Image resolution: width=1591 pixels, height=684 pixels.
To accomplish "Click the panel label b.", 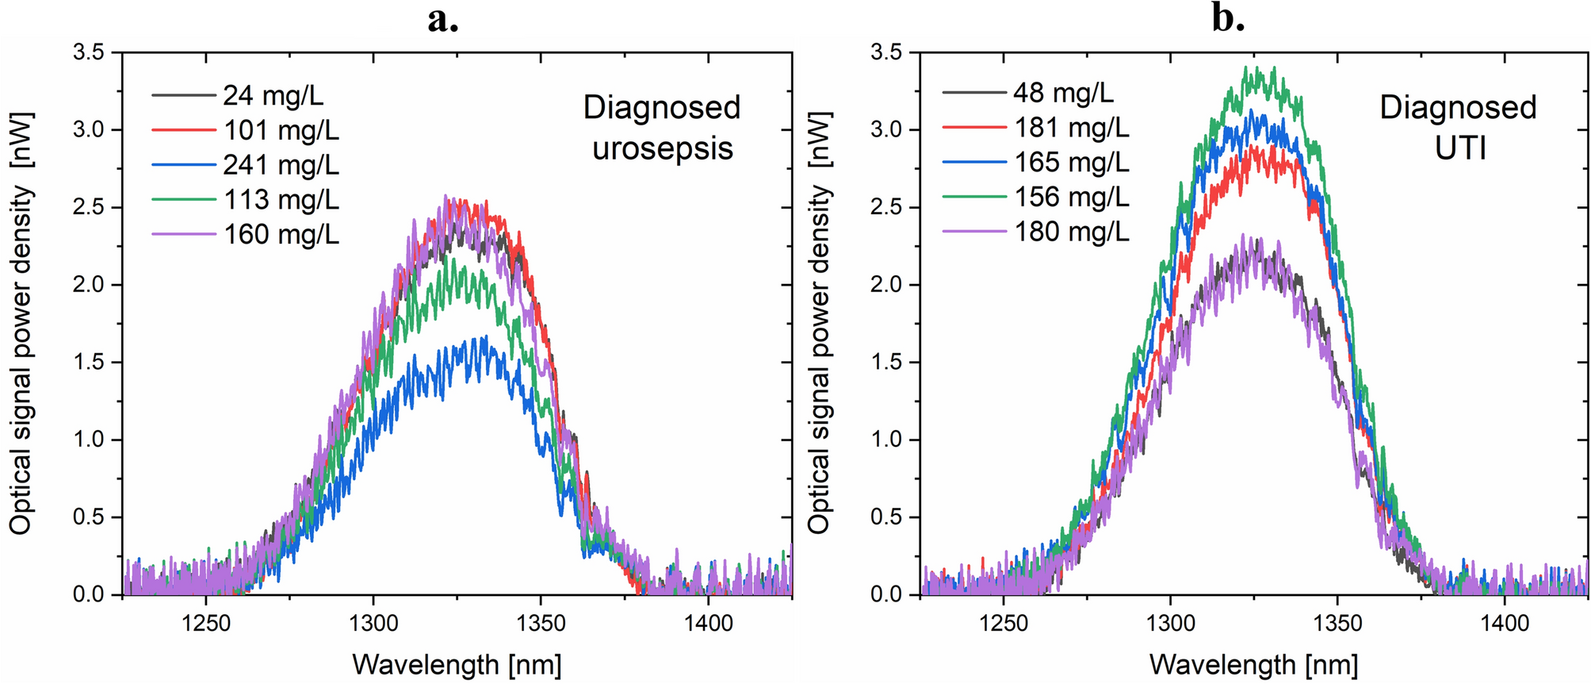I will (1228, 17).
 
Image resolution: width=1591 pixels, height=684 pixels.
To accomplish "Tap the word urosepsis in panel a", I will (663, 148).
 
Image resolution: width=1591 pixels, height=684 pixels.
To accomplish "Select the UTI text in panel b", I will (1460, 148).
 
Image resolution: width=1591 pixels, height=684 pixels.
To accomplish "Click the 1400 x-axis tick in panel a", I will (708, 624).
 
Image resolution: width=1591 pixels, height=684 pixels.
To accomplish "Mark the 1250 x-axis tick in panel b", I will (1004, 624).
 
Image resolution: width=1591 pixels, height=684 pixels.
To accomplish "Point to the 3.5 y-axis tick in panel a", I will (89, 53).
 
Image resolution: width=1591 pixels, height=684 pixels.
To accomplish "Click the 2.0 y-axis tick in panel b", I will (886, 285).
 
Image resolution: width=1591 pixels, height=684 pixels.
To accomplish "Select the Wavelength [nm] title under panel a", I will (457, 664).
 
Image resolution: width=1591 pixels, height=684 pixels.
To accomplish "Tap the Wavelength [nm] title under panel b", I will (1254, 664).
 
